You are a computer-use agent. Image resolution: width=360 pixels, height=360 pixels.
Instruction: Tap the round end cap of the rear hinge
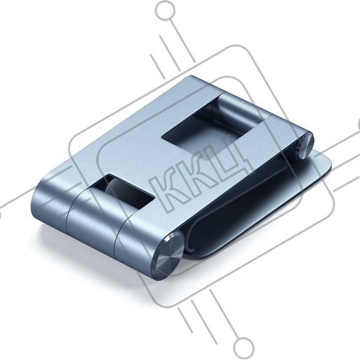(305, 146)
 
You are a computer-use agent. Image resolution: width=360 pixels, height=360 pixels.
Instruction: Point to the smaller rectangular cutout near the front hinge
(123, 191)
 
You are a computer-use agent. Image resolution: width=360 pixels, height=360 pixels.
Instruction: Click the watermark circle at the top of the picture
(165, 10)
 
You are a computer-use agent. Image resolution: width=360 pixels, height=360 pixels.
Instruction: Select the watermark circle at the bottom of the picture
(244, 348)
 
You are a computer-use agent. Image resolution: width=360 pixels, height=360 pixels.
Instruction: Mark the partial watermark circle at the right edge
(359, 124)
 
